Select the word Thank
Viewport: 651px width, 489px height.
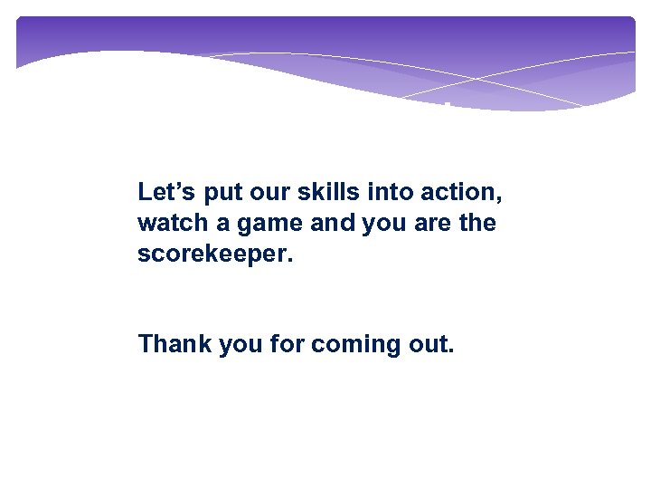(174, 344)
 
